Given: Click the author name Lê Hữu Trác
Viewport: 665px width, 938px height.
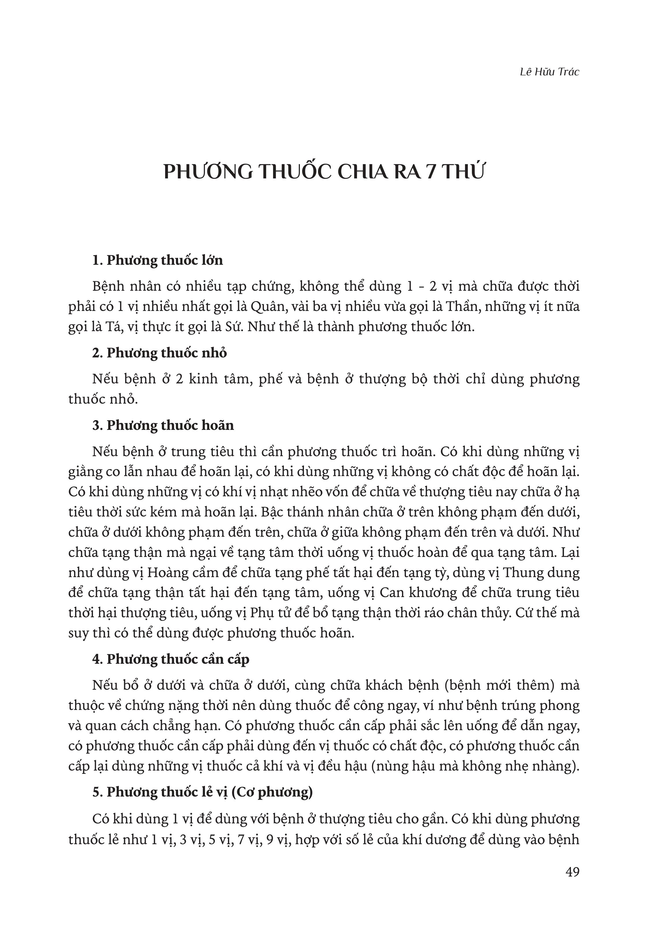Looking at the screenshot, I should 549,72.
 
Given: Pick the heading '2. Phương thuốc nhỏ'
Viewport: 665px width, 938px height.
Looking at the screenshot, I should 159,353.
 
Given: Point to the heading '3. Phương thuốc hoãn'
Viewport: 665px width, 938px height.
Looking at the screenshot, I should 163,426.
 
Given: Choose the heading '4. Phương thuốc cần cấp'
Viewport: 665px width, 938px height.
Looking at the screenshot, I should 171,659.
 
